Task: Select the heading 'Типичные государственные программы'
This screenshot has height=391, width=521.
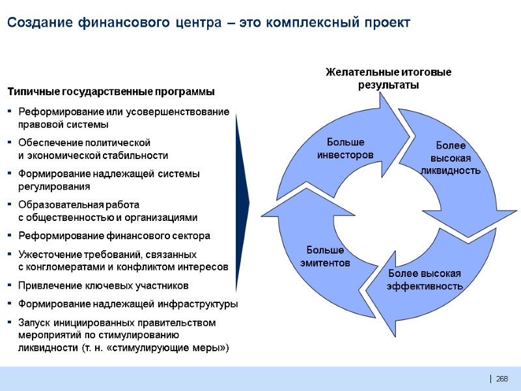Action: pos(111,91)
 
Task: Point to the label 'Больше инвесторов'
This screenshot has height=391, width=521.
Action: pos(345,149)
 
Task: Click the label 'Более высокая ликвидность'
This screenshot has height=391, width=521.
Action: pos(451,158)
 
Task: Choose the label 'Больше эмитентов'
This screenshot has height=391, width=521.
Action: pos(325,256)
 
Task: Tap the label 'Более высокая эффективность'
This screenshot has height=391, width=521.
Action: pos(425,280)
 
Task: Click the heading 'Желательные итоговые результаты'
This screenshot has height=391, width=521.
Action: pos(388,78)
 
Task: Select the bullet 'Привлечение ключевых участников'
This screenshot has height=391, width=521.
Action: pos(104,285)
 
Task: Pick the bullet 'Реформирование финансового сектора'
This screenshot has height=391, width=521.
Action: pos(115,236)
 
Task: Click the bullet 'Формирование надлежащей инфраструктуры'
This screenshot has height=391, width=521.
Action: pos(128,304)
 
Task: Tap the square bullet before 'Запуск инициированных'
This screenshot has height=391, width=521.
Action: pos(10,323)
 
